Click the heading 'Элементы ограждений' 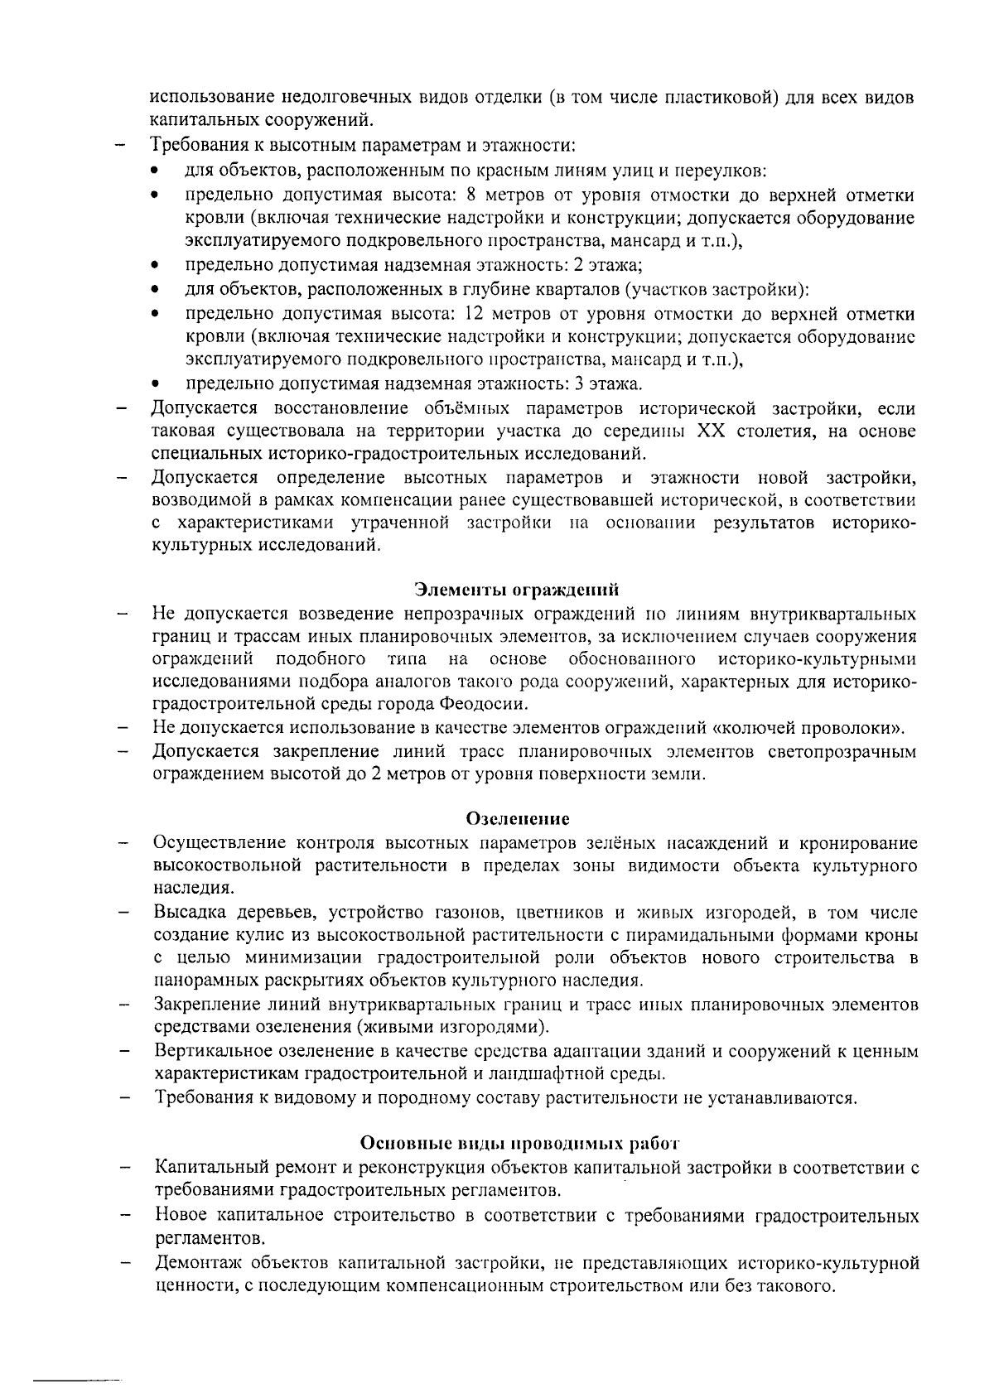point(517,590)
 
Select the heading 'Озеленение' point(519,819)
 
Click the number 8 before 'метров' point(471,196)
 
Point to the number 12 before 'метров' point(475,315)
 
